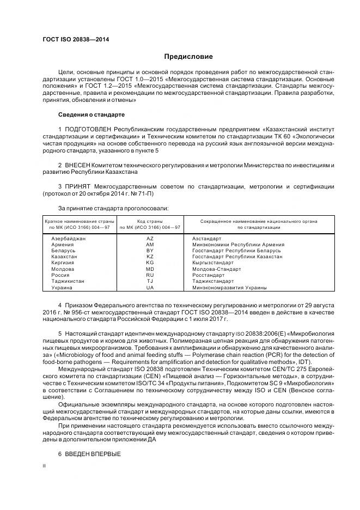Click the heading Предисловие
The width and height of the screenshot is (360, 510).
pos(188,57)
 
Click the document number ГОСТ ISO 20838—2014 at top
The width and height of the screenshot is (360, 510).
pos(75,40)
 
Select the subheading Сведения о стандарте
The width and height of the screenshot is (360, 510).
pos(91,115)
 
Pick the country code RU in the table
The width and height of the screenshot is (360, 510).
pos(150,275)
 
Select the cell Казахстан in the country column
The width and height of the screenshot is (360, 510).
pos(64,257)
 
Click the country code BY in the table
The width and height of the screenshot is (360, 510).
pos(150,251)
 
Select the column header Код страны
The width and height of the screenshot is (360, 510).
pos(150,221)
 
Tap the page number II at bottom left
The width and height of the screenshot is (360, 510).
pos(44,466)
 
